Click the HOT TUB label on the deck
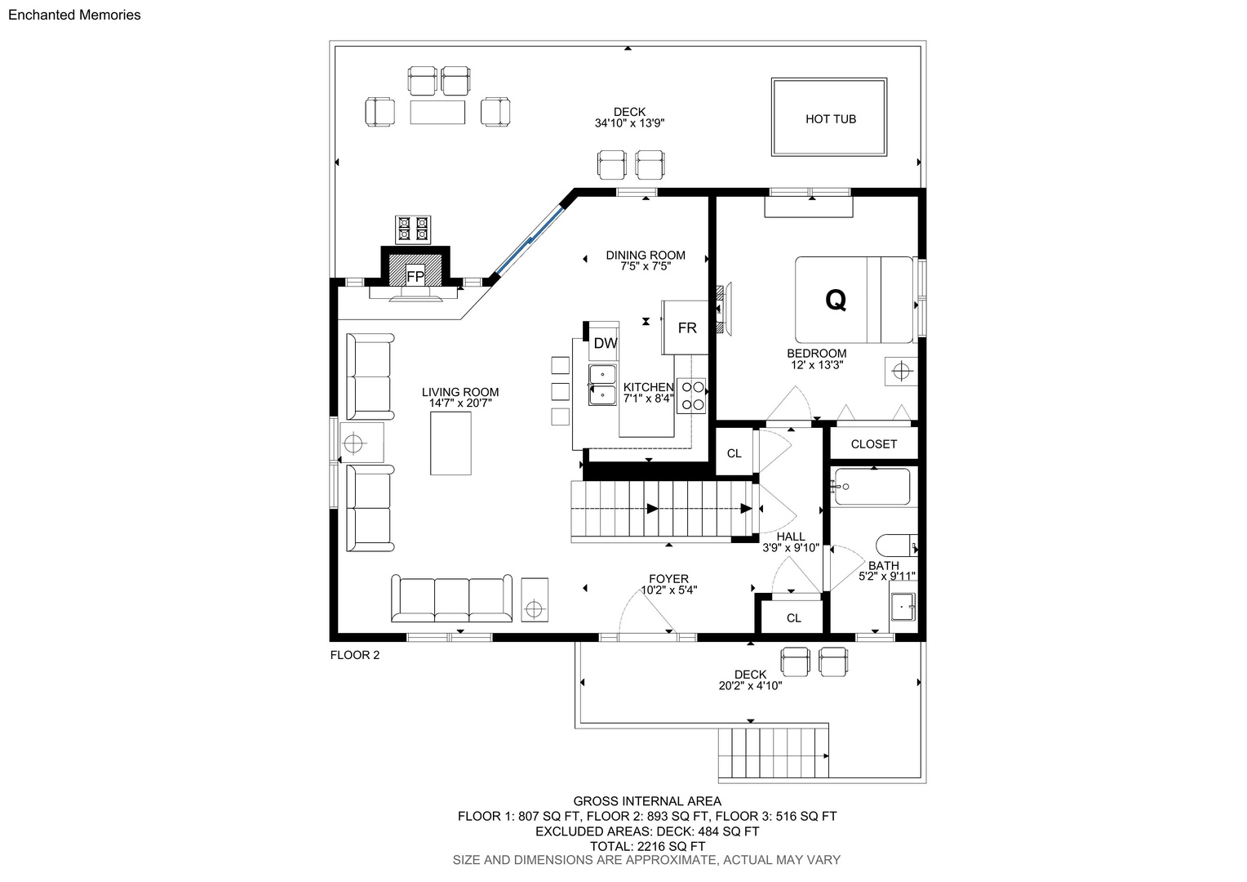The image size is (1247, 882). (830, 118)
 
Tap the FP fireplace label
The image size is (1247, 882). (415, 276)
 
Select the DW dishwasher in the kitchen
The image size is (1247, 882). (605, 343)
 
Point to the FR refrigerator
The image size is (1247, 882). (687, 327)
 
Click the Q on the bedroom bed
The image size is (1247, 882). (836, 299)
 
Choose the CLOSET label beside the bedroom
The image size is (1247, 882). (873, 444)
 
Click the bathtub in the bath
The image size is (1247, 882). (872, 487)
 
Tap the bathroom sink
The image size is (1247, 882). (903, 606)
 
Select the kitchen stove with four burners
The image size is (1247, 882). (691, 395)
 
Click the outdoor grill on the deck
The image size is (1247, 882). (412, 229)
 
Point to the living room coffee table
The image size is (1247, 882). (450, 443)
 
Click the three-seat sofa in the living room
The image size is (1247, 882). (451, 599)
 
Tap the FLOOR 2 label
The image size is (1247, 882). (355, 655)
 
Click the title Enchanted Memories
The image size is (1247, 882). (74, 15)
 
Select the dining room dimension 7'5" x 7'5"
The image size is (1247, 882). (646, 266)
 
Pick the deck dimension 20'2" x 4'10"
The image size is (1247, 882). (750, 686)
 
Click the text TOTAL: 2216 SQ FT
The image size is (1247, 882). (647, 846)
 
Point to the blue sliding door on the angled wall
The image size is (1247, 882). (530, 240)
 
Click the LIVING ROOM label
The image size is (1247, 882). (459, 392)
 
